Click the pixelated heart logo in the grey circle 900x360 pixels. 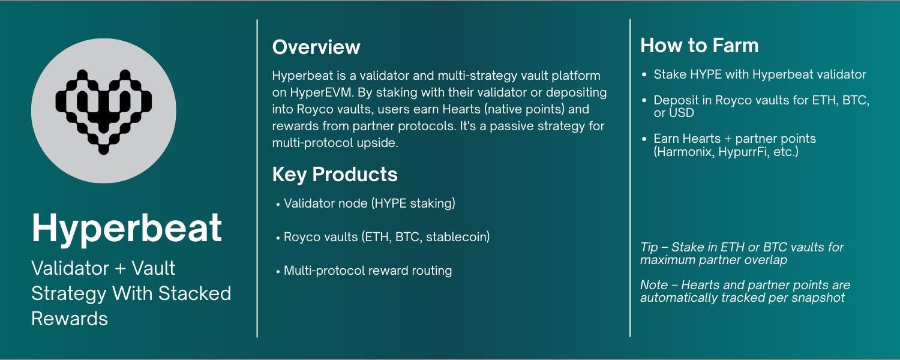click(103, 111)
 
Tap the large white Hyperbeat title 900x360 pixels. click(127, 228)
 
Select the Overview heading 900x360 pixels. click(316, 47)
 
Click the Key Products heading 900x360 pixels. click(335, 175)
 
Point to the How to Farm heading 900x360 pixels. click(699, 46)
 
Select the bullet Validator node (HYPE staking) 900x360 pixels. click(369, 203)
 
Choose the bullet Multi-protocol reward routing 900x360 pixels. click(367, 271)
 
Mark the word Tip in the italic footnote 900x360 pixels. click(649, 247)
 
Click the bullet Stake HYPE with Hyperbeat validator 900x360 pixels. click(759, 74)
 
